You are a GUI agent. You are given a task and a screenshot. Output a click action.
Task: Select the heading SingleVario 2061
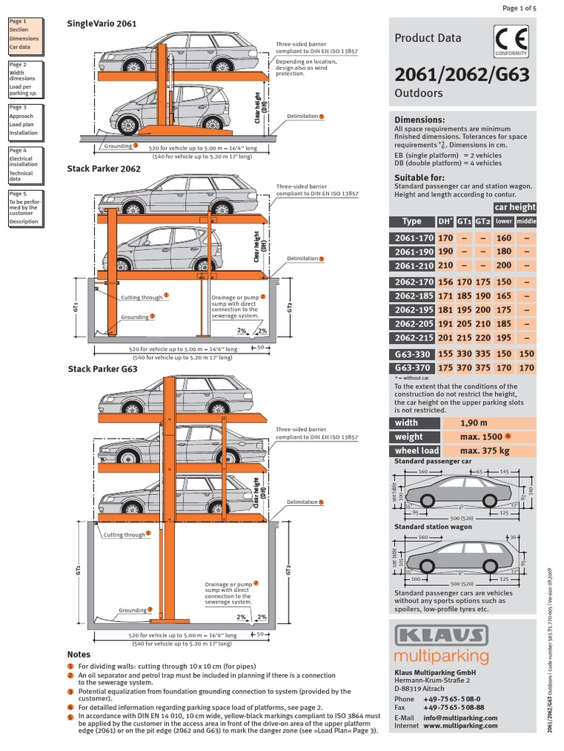(101, 23)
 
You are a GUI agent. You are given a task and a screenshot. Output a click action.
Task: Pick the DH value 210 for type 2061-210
(446, 265)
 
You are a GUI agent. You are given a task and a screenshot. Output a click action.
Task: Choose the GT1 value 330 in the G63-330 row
(464, 353)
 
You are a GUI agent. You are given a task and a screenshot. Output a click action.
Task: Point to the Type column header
(412, 221)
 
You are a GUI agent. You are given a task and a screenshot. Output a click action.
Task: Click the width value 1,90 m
(474, 422)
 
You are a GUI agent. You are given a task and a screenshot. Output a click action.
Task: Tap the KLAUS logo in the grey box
(441, 635)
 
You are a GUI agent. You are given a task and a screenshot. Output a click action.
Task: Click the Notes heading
(78, 653)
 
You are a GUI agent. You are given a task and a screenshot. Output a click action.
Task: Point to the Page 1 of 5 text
(520, 7)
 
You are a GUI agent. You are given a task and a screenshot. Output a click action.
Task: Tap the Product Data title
(428, 38)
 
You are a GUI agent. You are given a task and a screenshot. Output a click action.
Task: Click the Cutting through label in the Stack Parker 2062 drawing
(141, 298)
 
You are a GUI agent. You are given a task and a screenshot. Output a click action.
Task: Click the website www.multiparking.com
(461, 725)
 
